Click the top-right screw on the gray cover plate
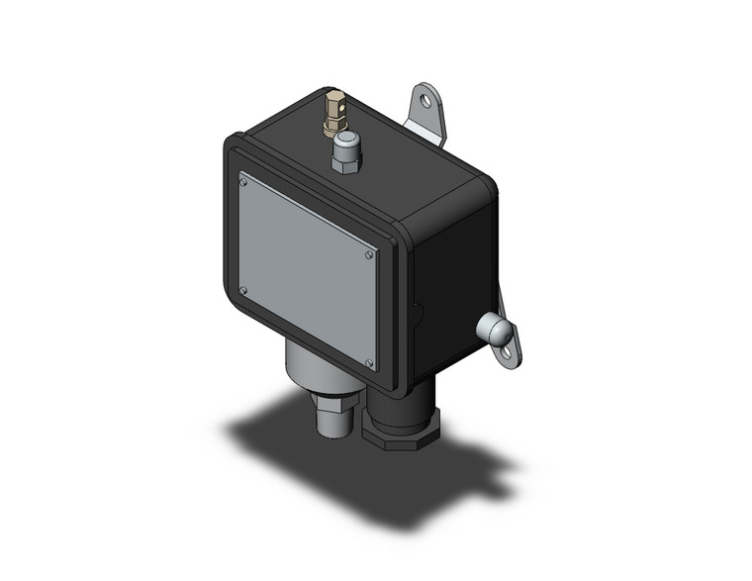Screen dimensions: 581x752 pyautogui.click(x=368, y=254)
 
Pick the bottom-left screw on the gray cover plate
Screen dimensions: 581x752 pyautogui.click(x=243, y=290)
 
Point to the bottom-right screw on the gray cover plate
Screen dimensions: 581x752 pyautogui.click(x=368, y=363)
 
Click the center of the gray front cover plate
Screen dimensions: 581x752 pyautogui.click(x=306, y=271)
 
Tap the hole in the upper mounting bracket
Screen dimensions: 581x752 pyautogui.click(x=426, y=100)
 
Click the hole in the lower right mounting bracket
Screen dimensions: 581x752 pyautogui.click(x=507, y=348)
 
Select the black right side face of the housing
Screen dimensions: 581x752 pyautogui.click(x=450, y=287)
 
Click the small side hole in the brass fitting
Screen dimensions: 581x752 pyautogui.click(x=338, y=100)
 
